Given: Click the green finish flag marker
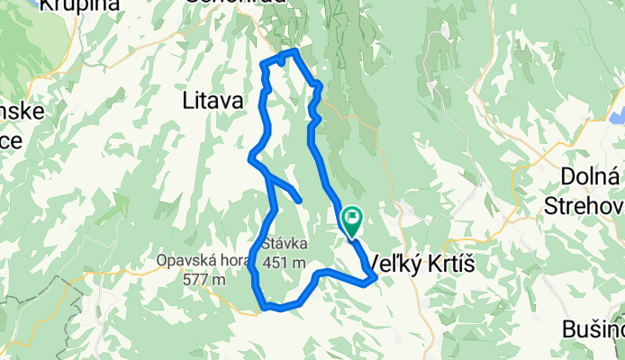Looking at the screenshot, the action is (x=350, y=219).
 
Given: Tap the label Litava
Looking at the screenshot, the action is (x=213, y=102).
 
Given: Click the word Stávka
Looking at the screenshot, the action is (x=285, y=243).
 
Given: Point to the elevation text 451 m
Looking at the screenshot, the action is (x=285, y=262).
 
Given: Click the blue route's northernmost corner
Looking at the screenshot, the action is (x=294, y=51).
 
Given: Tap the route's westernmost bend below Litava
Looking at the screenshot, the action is (x=249, y=159).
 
